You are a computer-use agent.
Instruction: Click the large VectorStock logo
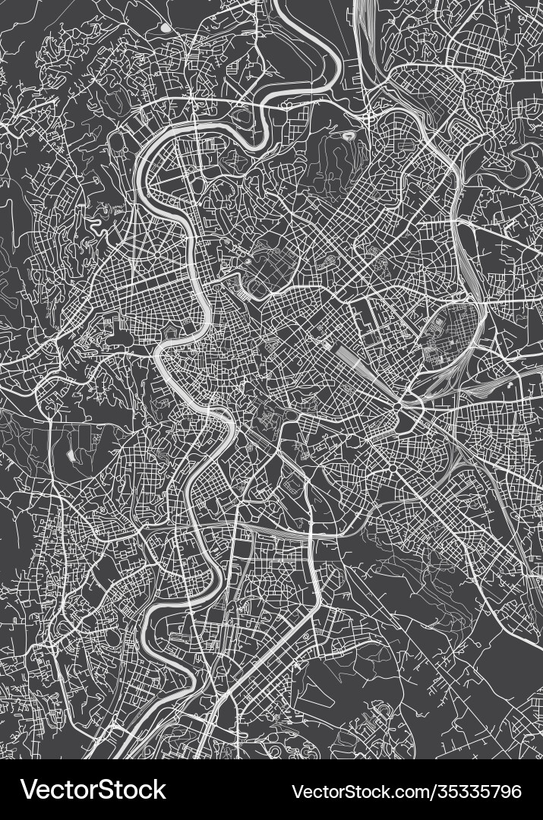point(93,790)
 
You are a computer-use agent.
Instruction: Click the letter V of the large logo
point(29,790)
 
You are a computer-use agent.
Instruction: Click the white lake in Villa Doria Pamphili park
point(71,455)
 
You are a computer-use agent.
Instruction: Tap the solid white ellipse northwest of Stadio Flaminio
point(165,28)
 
